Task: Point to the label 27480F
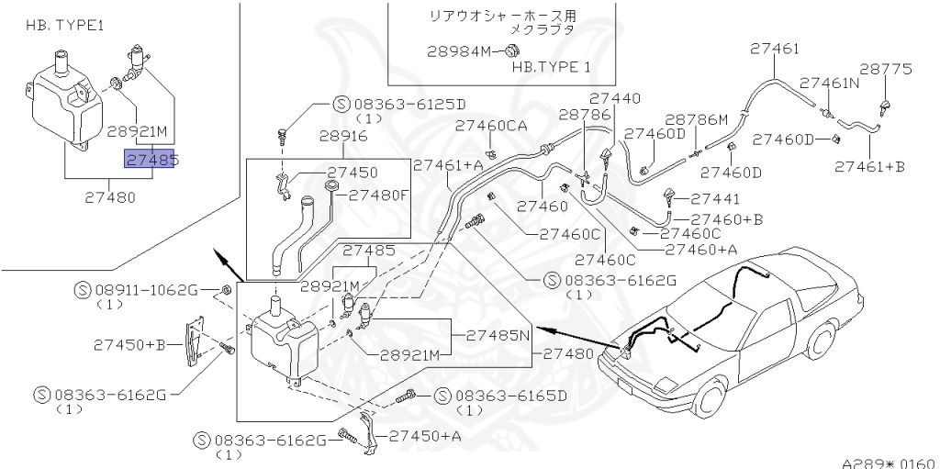pyautogui.click(x=378, y=195)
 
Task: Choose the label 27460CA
pyautogui.click(x=491, y=126)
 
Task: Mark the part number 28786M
pyautogui.click(x=696, y=119)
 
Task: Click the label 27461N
pyautogui.click(x=829, y=83)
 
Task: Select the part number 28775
pyautogui.click(x=886, y=69)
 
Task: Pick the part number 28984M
pyautogui.click(x=460, y=51)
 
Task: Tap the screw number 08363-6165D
pyautogui.click(x=510, y=396)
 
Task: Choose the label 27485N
pyautogui.click(x=499, y=335)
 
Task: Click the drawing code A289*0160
pyautogui.click(x=888, y=463)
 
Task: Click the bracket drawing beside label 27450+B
pyautogui.click(x=195, y=341)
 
